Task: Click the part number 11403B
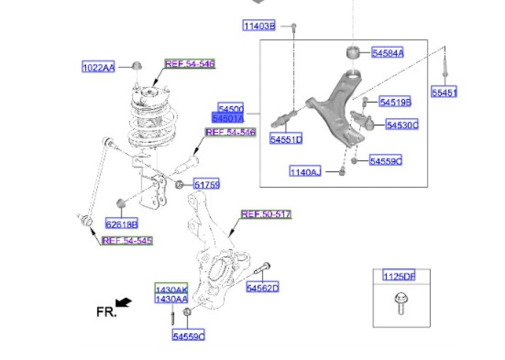tap(259, 26)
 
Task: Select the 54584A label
tap(388, 53)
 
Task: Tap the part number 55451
tap(444, 92)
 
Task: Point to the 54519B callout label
tap(395, 102)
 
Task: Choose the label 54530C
tap(402, 125)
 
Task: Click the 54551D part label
tap(285, 139)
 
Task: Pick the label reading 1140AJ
tap(305, 172)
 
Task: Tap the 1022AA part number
tap(98, 67)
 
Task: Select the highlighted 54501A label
tap(228, 118)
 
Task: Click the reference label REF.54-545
tap(127, 241)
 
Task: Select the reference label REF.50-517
tap(266, 215)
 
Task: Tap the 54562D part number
tap(263, 288)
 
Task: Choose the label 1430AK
tap(171, 290)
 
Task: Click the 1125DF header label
tap(398, 277)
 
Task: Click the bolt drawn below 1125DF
tap(398, 303)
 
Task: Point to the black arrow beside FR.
tap(124, 302)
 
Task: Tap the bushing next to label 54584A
tap(353, 52)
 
